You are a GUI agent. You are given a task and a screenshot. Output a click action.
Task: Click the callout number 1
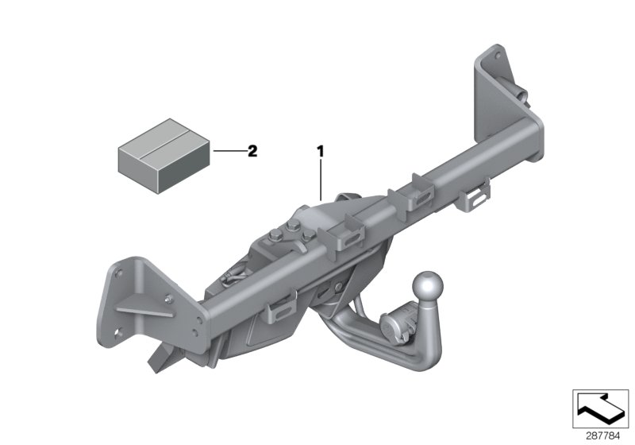coord(321,149)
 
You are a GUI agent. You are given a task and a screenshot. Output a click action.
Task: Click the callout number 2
coord(252,150)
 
